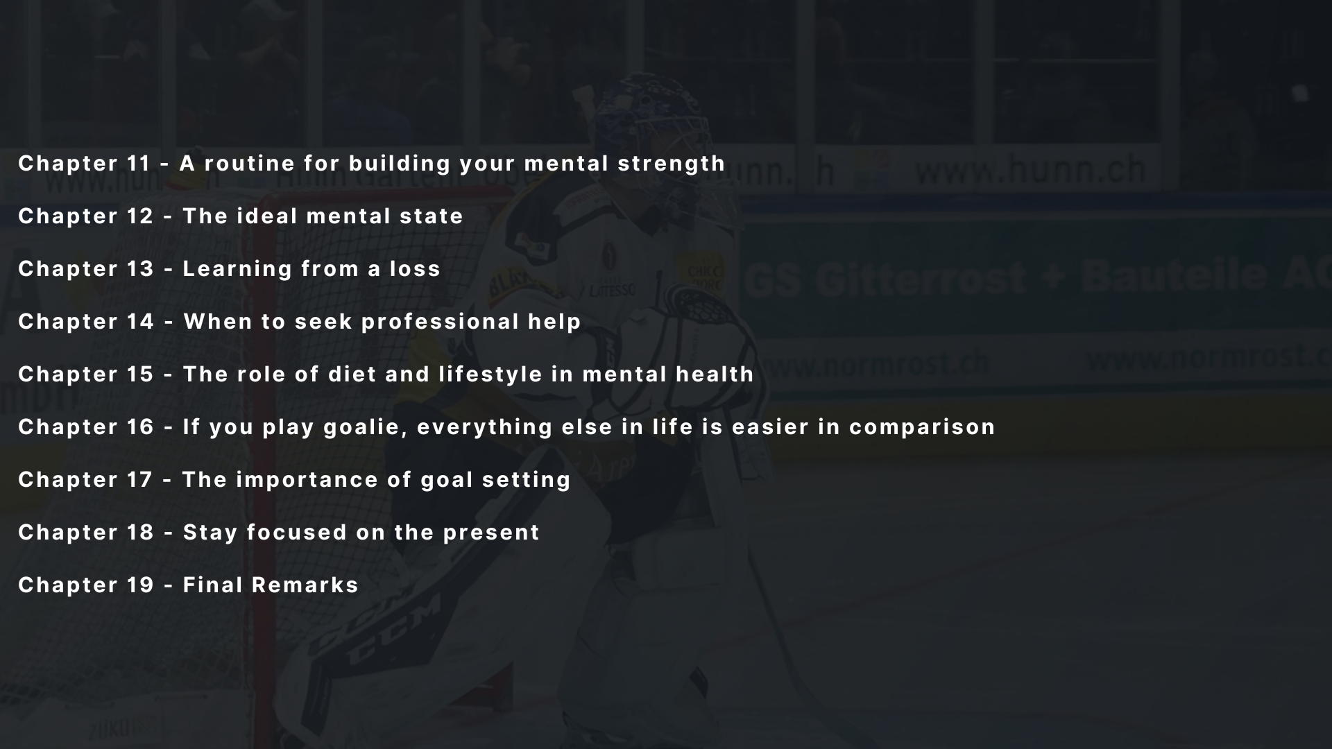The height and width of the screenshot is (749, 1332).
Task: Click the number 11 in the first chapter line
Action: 139,163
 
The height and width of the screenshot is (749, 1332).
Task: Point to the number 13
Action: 140,268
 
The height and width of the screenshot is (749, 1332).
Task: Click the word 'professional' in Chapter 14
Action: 440,322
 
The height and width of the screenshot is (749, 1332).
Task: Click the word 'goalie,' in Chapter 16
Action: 366,428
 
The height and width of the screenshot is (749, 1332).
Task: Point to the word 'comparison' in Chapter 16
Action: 922,428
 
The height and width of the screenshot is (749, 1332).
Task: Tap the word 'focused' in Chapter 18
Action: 296,532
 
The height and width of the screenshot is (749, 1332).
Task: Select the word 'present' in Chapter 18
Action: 491,533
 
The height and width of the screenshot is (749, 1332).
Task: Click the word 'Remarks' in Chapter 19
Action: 305,585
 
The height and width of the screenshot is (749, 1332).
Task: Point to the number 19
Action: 140,585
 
